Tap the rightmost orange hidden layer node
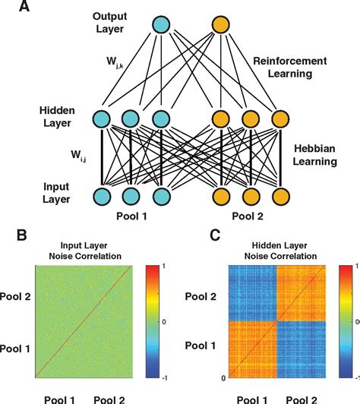point(279,118)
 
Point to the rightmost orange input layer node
point(279,197)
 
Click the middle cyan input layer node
point(131,197)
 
